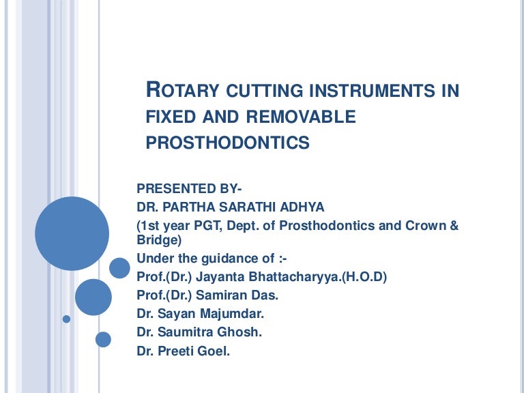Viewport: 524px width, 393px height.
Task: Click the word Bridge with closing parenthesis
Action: click(x=160, y=240)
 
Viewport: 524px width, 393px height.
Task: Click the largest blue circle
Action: click(x=72, y=233)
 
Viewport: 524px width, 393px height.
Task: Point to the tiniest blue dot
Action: click(x=66, y=319)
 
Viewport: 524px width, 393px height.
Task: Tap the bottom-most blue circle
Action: click(x=103, y=338)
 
